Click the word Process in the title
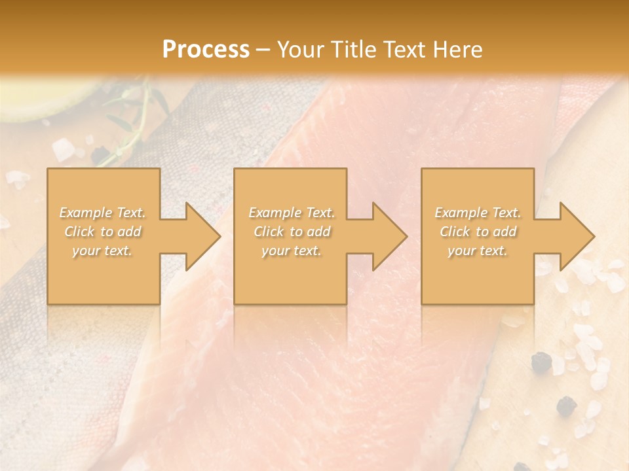(x=206, y=50)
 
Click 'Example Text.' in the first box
(x=103, y=213)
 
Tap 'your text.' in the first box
(x=103, y=251)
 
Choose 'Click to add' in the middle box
(x=292, y=232)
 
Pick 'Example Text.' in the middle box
(x=292, y=213)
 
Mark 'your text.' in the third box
(x=478, y=251)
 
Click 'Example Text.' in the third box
(x=478, y=213)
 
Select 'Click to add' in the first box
(x=103, y=232)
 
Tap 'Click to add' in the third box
(x=478, y=232)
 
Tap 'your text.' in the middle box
(x=292, y=251)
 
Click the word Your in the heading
(x=300, y=50)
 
